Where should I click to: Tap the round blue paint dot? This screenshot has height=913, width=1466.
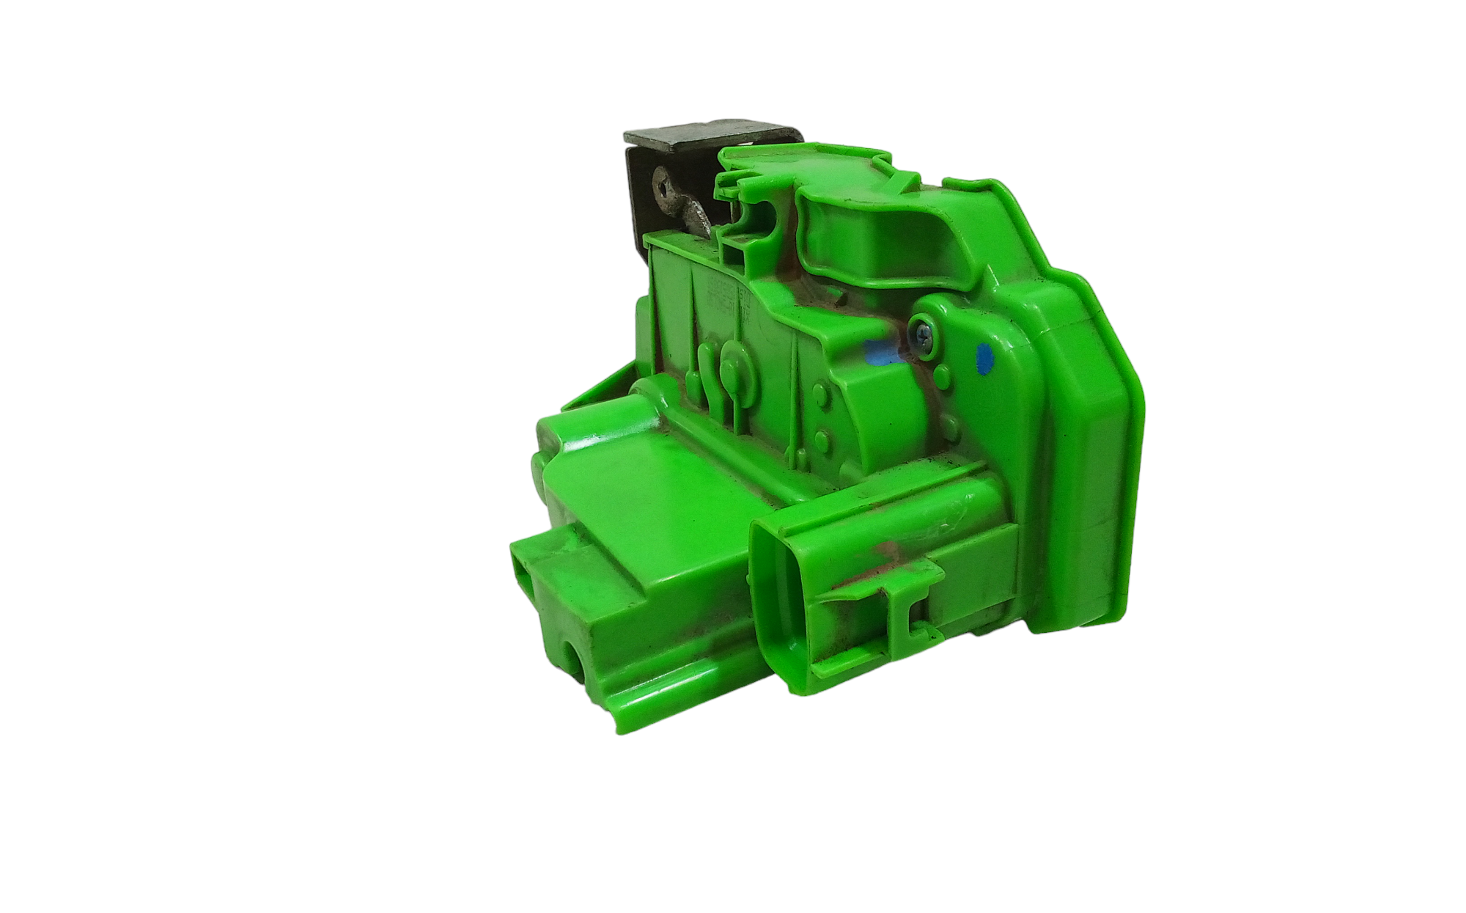[x=985, y=358]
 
